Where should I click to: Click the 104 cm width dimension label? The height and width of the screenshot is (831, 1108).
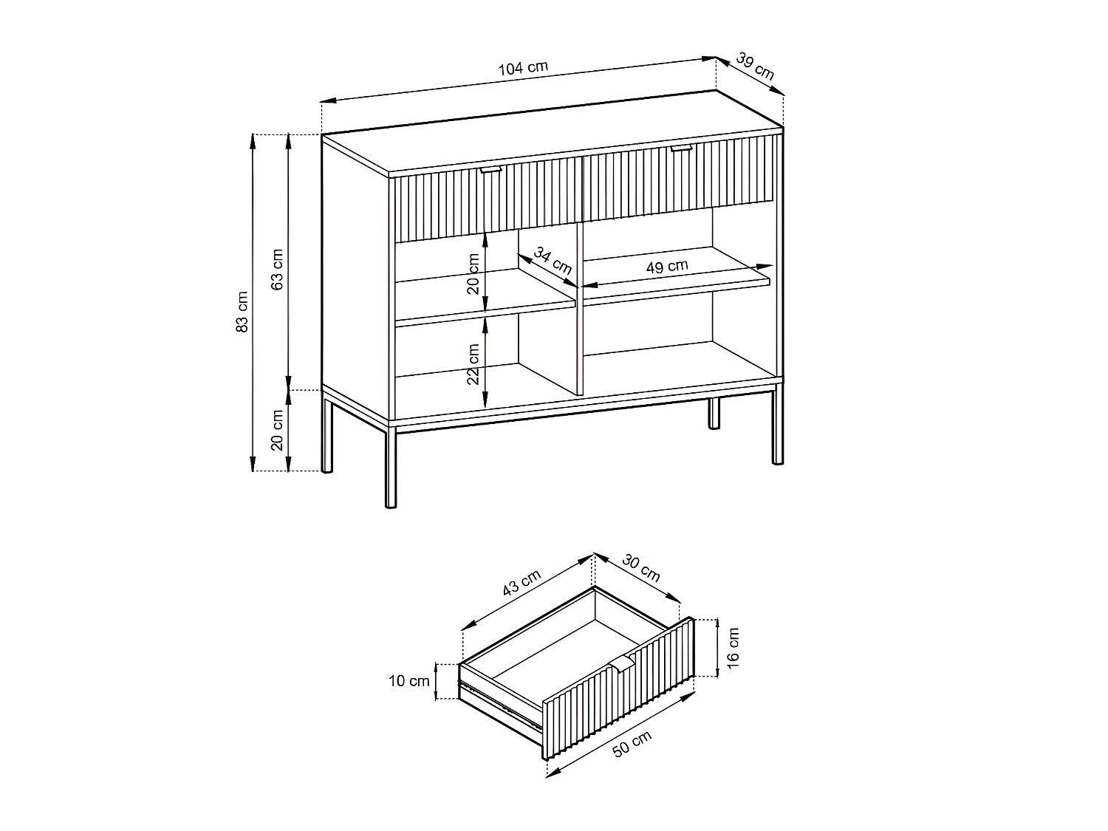523,68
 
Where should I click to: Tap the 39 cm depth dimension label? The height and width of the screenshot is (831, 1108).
755,66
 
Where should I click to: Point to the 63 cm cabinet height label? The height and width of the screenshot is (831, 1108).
277,270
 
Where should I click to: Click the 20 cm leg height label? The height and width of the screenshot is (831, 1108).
278,430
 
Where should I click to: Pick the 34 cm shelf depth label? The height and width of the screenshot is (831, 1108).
553,261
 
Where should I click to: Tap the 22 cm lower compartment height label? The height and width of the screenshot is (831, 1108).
473,363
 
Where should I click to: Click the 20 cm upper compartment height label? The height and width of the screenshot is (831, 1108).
473,273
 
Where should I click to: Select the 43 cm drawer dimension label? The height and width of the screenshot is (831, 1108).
521,584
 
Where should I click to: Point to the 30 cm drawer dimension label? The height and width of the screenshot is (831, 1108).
640,567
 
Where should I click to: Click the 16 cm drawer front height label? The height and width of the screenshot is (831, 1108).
732,648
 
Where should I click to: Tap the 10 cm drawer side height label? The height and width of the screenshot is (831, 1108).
408,681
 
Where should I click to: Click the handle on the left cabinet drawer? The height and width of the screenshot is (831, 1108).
490,170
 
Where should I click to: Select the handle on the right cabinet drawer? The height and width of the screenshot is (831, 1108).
681,149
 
